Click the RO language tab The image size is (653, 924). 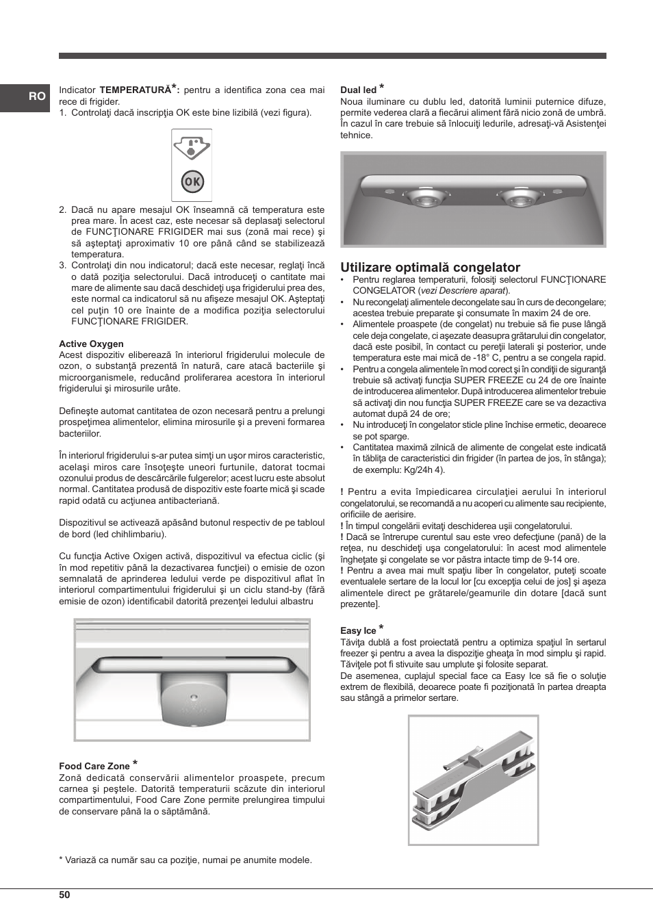pyautogui.click(x=37, y=97)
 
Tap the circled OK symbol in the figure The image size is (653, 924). pyautogui.click(x=192, y=181)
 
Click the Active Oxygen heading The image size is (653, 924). pyautogui.click(x=91, y=344)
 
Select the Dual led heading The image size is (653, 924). pyautogui.click(x=358, y=90)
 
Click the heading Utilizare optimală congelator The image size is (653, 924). pyautogui.click(x=430, y=267)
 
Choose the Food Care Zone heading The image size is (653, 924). pyautogui.click(x=94, y=766)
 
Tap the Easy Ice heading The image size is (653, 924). pyautogui.click(x=358, y=630)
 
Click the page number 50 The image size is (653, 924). pyautogui.click(x=64, y=895)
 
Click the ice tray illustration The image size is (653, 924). pyautogui.click(x=473, y=780)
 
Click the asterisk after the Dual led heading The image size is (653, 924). pyautogui.click(x=382, y=87)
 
